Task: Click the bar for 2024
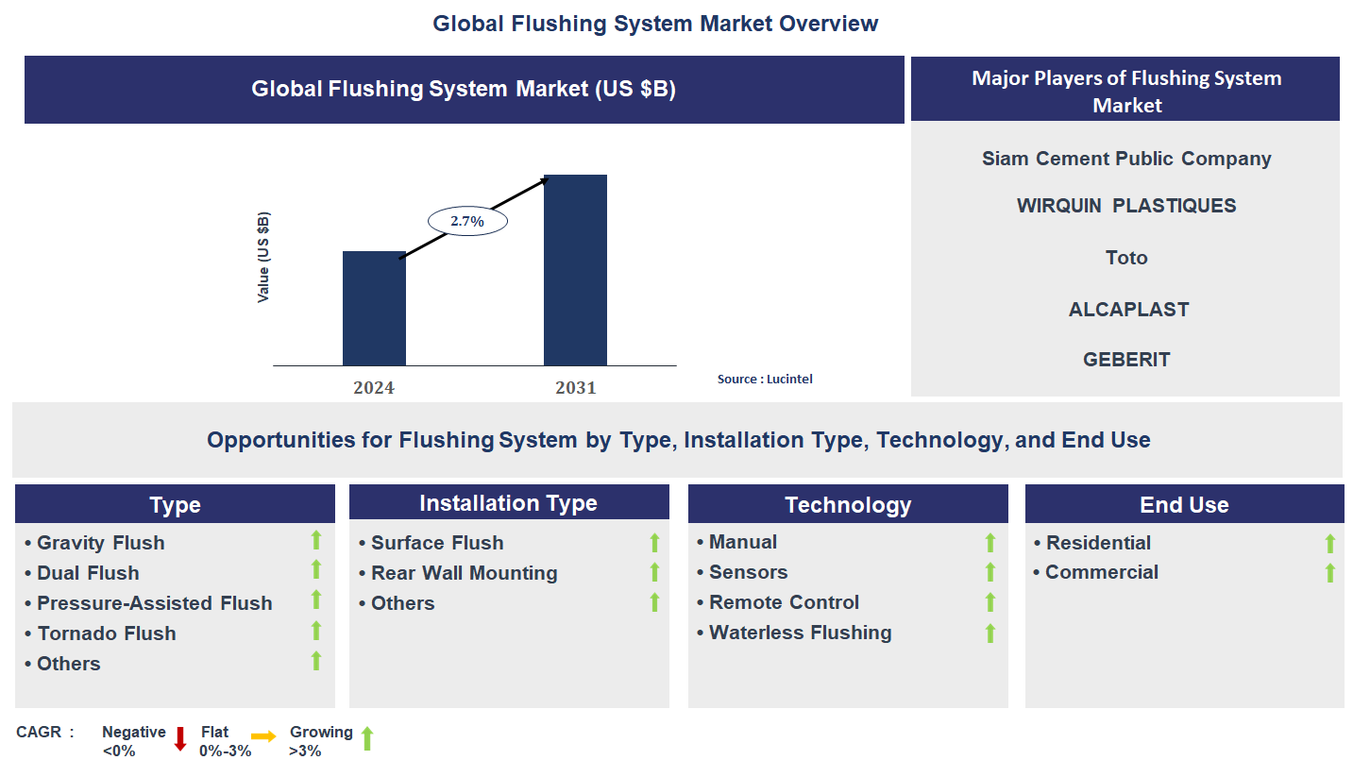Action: [x=374, y=309]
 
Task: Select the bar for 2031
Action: [x=575, y=270]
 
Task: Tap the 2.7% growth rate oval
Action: [x=467, y=221]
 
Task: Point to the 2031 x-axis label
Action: [x=575, y=388]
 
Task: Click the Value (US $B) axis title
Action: [x=263, y=257]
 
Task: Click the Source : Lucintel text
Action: [x=765, y=379]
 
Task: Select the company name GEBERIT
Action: [x=1126, y=360]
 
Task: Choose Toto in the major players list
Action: [x=1126, y=258]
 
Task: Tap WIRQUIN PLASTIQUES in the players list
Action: [x=1126, y=206]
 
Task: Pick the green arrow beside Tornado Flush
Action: [x=316, y=631]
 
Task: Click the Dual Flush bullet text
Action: [x=88, y=573]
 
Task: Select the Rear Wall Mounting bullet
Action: [x=464, y=573]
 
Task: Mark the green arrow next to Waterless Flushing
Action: [x=989, y=633]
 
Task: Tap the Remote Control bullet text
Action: [x=784, y=602]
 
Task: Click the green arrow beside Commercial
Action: [x=1329, y=573]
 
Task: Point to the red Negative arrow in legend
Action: [x=180, y=739]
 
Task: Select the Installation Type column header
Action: [x=508, y=503]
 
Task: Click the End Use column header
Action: [x=1184, y=505]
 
